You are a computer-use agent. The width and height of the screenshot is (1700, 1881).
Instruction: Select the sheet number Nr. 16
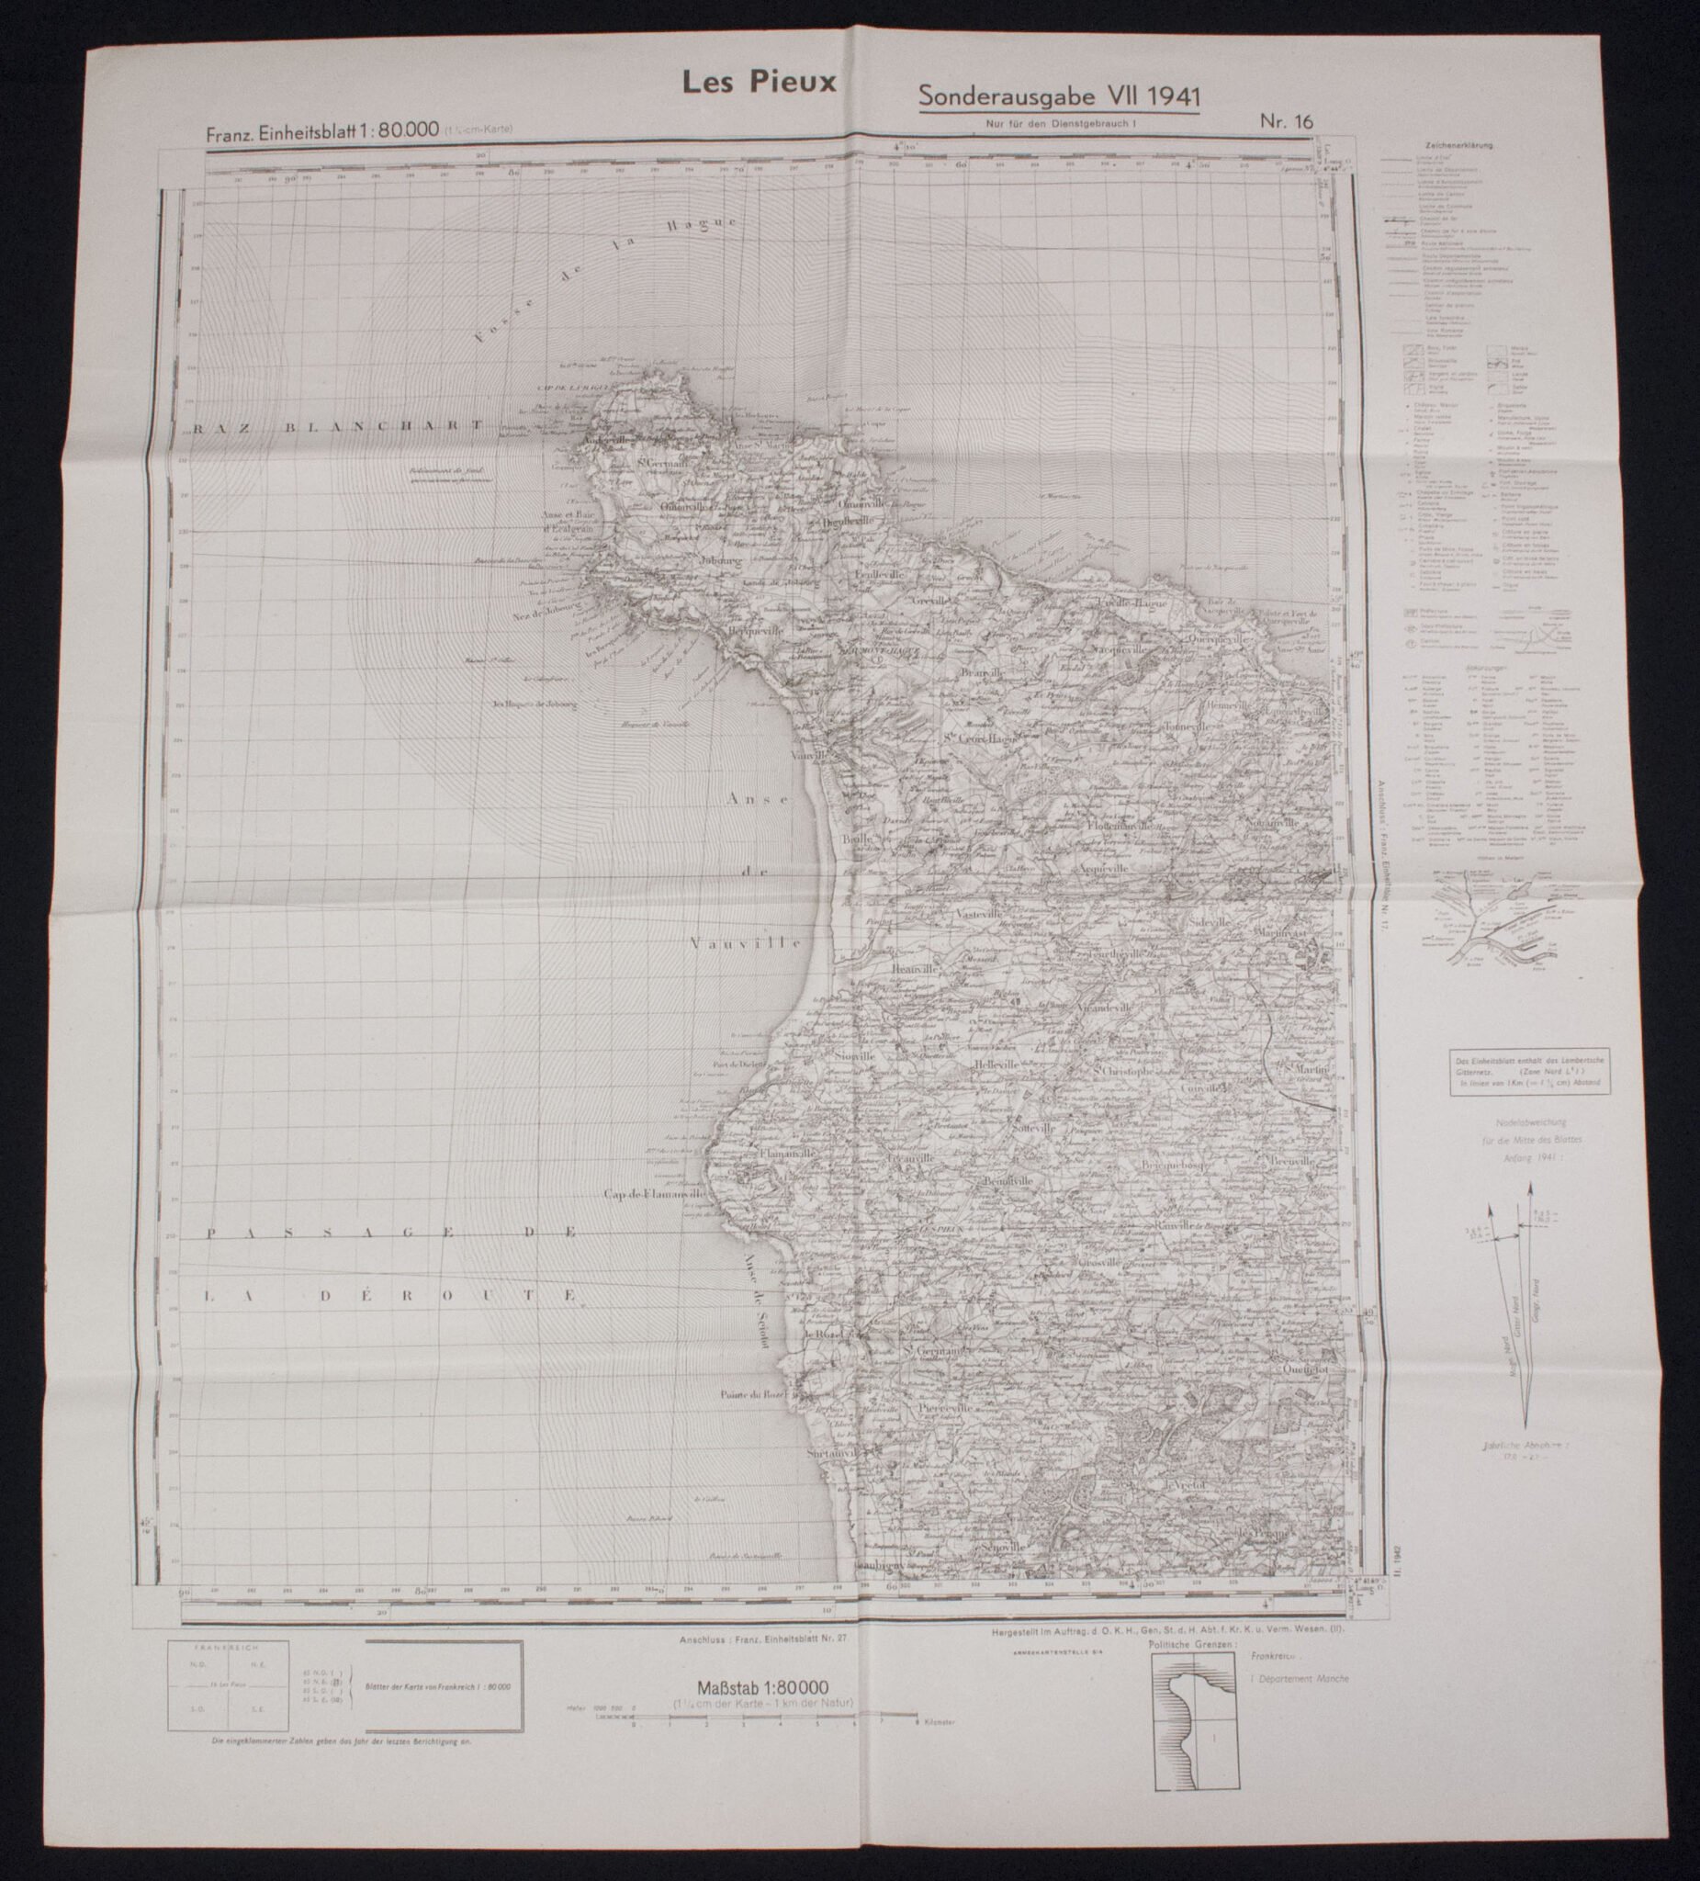(1285, 119)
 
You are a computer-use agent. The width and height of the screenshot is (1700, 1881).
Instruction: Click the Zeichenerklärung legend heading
(1458, 146)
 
